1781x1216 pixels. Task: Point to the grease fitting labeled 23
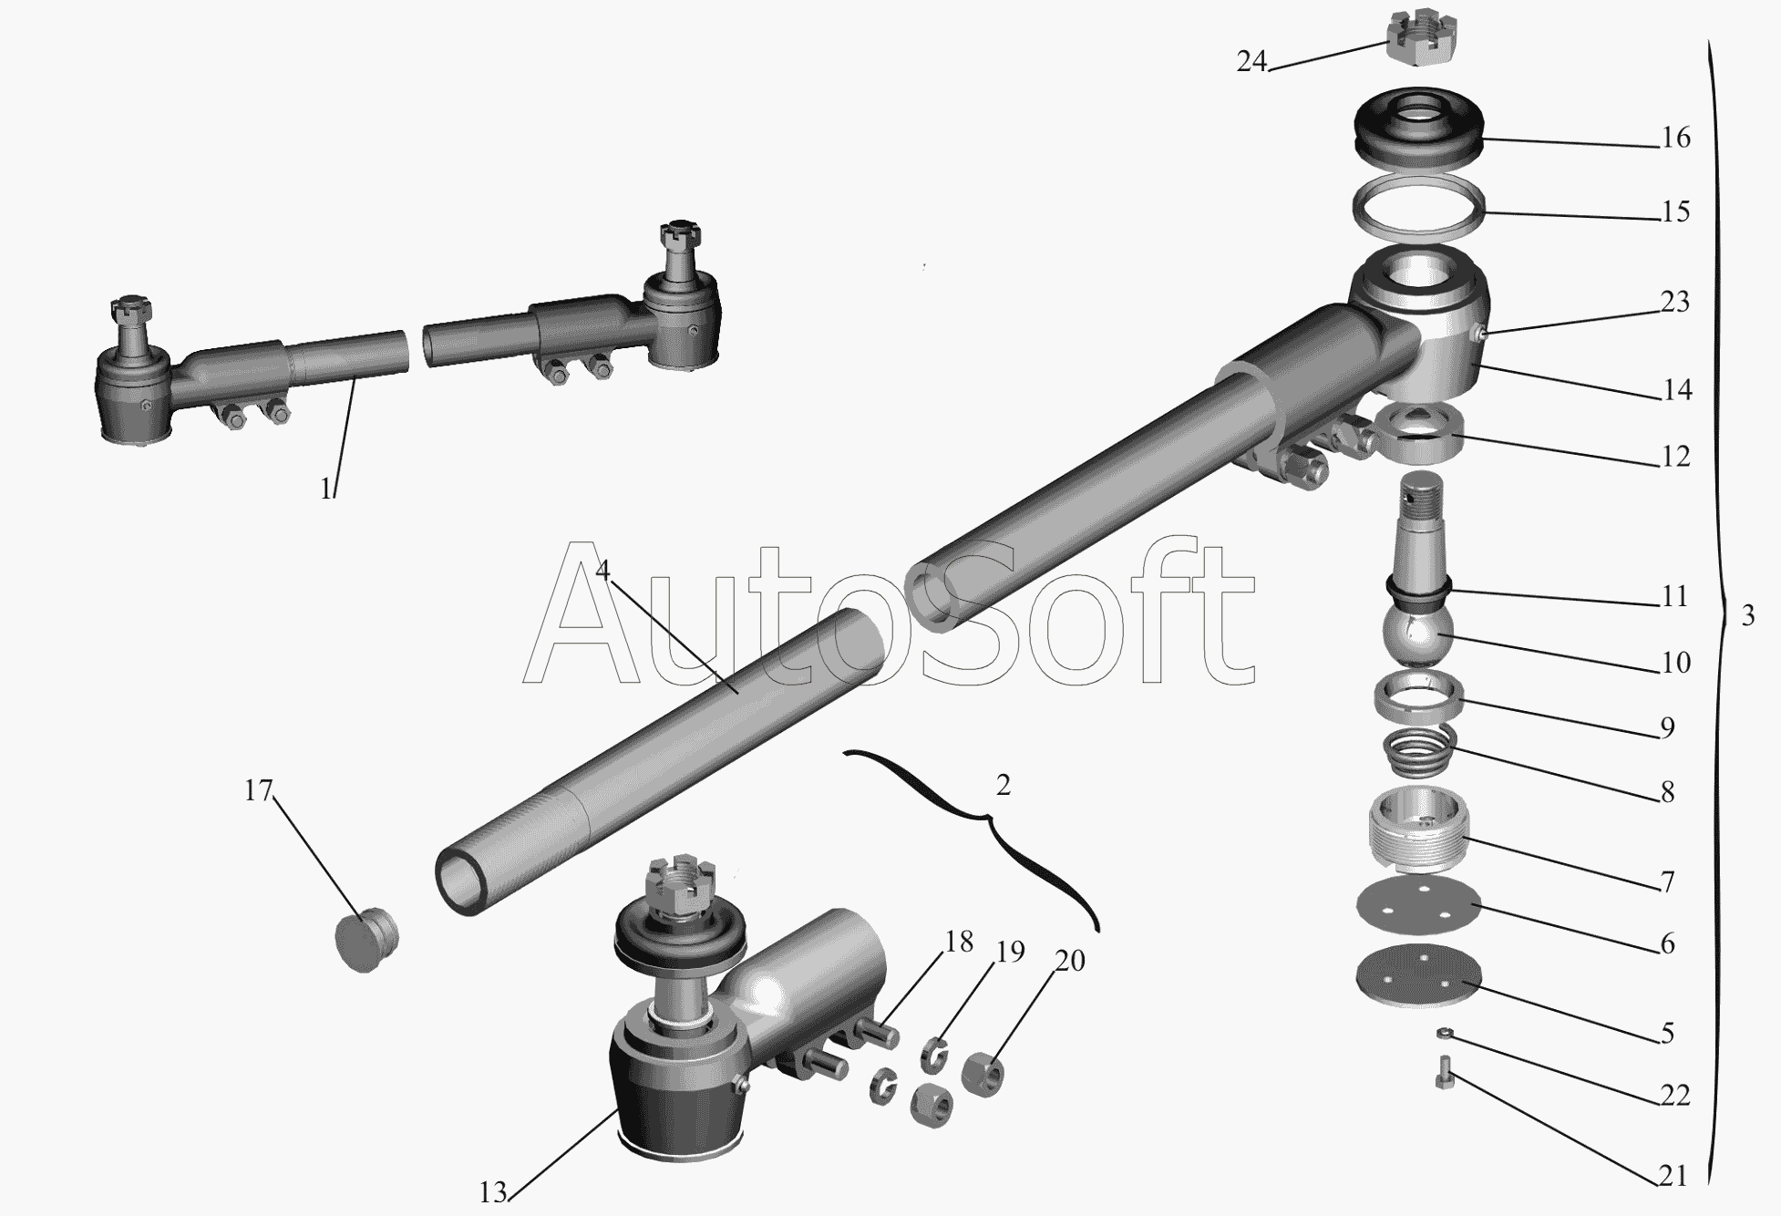pyautogui.click(x=1483, y=335)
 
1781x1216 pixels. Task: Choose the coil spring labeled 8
pyautogui.click(x=1420, y=751)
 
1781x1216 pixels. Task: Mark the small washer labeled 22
pyautogui.click(x=1444, y=1032)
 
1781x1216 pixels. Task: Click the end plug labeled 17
pyautogui.click(x=363, y=939)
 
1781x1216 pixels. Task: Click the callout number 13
pyautogui.click(x=492, y=1191)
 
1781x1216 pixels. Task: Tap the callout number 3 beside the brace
pyautogui.click(x=1747, y=616)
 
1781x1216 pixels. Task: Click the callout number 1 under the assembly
pyautogui.click(x=326, y=489)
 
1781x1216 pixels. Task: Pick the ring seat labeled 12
pyautogui.click(x=1418, y=434)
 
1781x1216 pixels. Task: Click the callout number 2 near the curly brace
pyautogui.click(x=1003, y=785)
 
